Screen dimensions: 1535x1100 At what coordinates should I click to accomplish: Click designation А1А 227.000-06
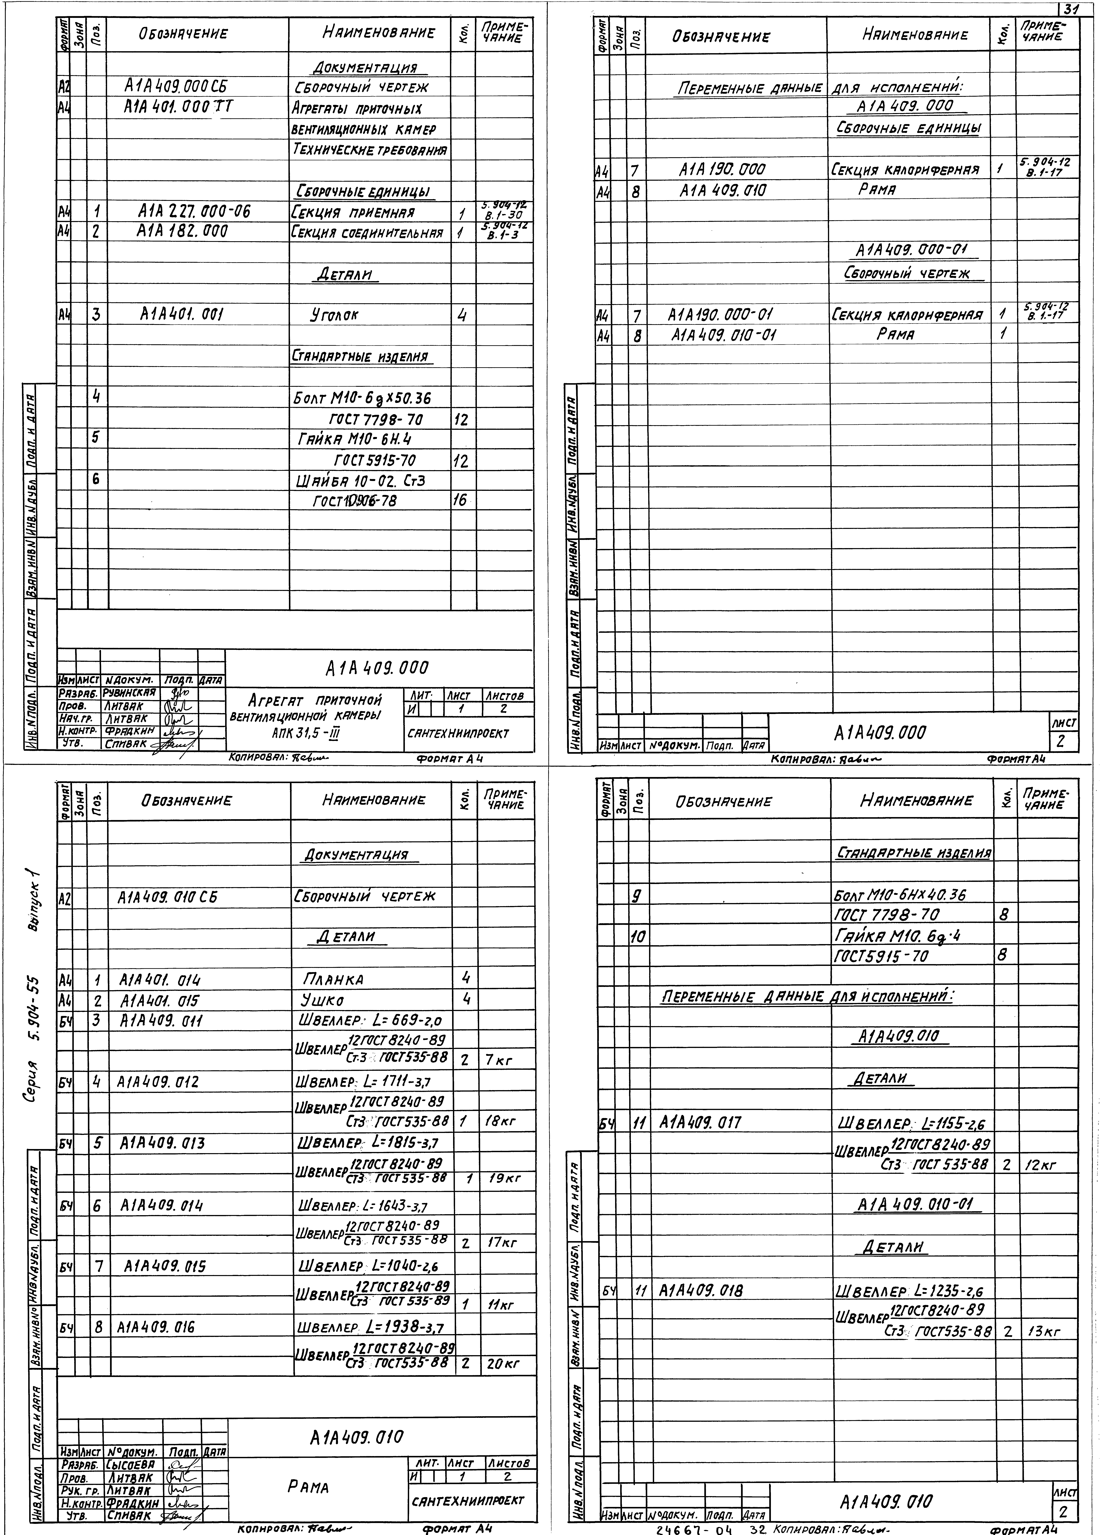click(194, 212)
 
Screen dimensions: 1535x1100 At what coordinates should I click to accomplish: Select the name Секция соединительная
click(369, 233)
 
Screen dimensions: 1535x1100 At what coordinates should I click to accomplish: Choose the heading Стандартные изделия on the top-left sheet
click(361, 357)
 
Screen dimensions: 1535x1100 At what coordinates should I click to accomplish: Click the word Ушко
click(322, 1000)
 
